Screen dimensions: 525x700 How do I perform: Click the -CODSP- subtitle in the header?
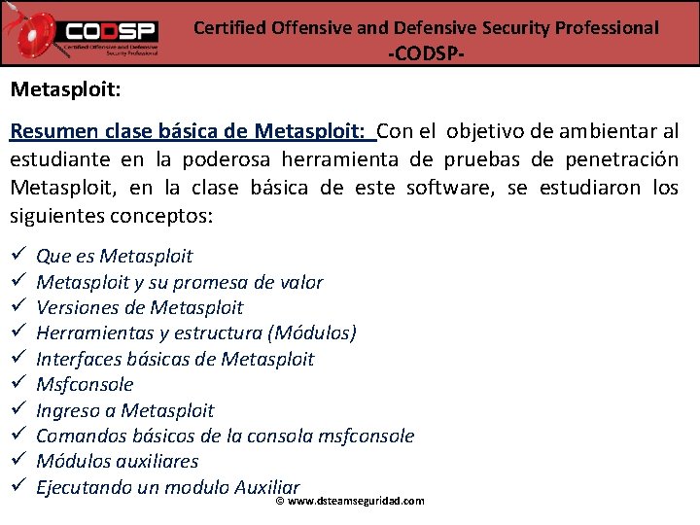(x=426, y=53)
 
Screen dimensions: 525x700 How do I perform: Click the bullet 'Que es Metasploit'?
(x=114, y=257)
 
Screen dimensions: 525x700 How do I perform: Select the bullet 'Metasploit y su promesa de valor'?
(x=179, y=283)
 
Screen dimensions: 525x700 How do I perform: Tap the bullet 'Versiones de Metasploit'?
(x=139, y=308)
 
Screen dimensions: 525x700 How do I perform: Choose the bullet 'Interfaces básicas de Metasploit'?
(x=175, y=360)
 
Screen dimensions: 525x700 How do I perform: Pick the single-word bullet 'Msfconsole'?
(x=85, y=385)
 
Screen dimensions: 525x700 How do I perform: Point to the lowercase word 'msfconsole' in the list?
(x=366, y=437)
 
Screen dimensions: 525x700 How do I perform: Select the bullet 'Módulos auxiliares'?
(x=117, y=462)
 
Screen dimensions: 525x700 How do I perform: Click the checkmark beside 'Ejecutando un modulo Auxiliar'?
(x=17, y=486)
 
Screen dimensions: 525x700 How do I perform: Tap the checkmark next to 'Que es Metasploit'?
(x=17, y=256)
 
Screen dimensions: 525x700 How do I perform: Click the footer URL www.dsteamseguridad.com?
(x=356, y=501)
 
